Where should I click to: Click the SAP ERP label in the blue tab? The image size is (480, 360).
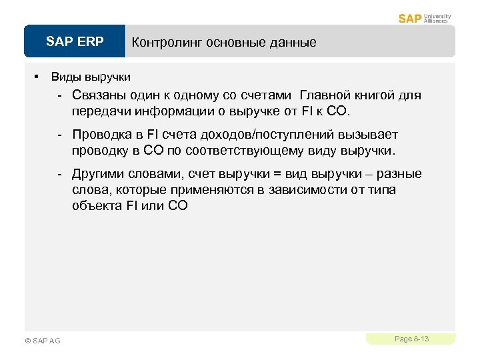[x=75, y=42]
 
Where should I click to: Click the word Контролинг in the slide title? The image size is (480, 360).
[x=167, y=42]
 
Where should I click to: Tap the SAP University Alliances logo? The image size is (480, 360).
[x=425, y=18]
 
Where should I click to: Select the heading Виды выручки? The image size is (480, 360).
[x=91, y=77]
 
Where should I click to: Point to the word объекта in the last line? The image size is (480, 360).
[x=96, y=205]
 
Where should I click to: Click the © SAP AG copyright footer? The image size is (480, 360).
[x=42, y=341]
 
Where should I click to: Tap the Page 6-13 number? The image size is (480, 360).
[x=411, y=339]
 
